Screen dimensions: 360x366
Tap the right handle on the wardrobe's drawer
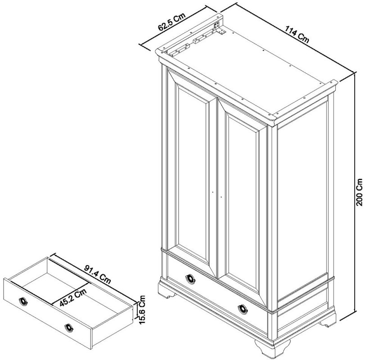(x=244, y=308)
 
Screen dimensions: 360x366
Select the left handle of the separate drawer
(x=23, y=301)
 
